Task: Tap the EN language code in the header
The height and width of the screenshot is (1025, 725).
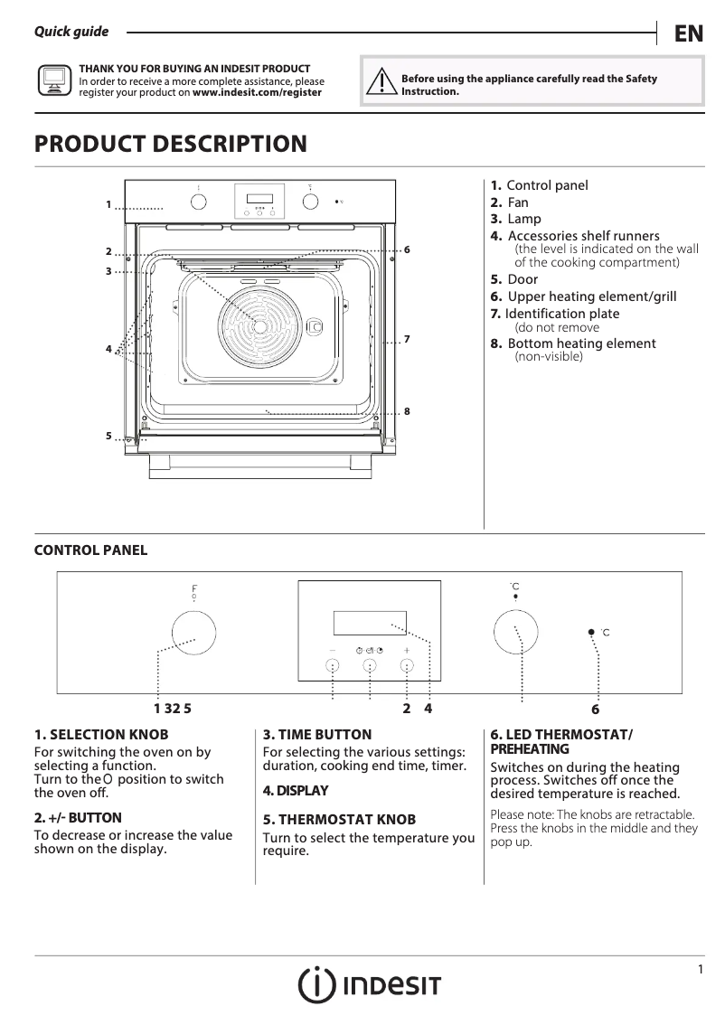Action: pos(688,33)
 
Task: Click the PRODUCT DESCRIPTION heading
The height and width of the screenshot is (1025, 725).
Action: pos(170,144)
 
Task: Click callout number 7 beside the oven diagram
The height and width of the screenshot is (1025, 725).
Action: pos(408,339)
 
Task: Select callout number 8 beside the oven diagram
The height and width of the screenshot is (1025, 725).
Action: pos(408,411)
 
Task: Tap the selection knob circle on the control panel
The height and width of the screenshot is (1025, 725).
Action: pos(193,629)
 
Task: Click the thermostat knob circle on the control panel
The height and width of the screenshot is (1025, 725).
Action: pos(515,629)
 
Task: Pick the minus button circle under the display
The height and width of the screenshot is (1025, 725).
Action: pos(333,666)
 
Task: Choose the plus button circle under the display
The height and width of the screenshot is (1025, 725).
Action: pos(407,666)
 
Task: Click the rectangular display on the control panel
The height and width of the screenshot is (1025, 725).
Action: pos(369,623)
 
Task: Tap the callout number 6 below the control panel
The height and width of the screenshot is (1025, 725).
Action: pos(595,710)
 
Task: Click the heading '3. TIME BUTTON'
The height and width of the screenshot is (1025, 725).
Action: pos(317,735)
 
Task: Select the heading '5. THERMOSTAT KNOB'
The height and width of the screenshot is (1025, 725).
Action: pos(339,820)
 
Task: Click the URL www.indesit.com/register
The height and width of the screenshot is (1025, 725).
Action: pos(257,92)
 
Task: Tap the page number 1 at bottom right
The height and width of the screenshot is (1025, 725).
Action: pos(700,970)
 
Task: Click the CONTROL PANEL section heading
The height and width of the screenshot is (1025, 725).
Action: pos(90,550)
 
